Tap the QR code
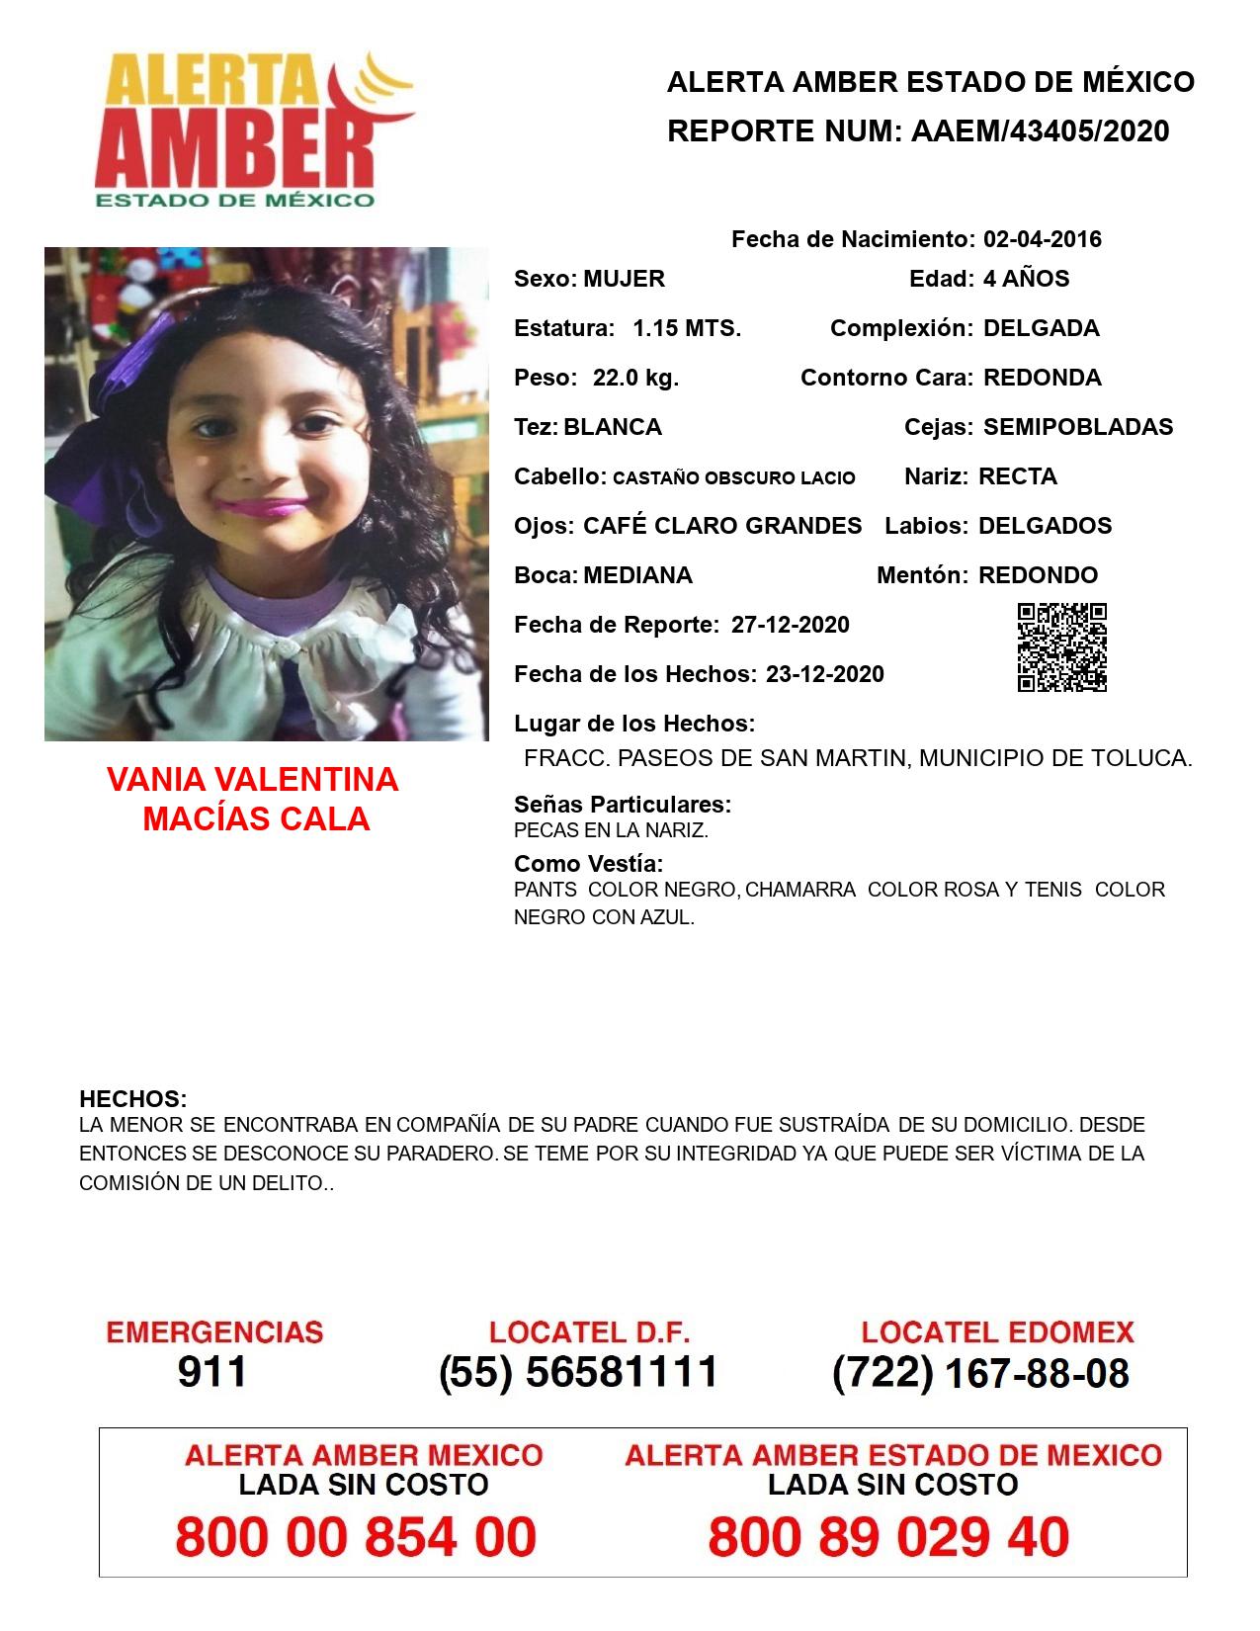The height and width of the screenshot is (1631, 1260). tap(1062, 647)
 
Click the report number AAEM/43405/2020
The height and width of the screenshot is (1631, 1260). tap(1040, 130)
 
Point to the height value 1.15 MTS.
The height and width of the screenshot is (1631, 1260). tap(687, 328)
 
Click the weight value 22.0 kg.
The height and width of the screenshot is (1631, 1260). tap(635, 378)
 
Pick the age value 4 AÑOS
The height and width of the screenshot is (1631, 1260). tap(1026, 279)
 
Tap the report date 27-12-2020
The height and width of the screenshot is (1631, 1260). tap(790, 625)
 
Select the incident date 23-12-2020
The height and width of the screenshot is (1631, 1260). tap(824, 674)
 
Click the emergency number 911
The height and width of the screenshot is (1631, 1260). tap(212, 1372)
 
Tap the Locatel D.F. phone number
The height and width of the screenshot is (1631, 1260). tap(578, 1372)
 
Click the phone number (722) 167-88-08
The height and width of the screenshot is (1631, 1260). tap(980, 1373)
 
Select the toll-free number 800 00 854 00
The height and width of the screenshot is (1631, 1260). tap(356, 1538)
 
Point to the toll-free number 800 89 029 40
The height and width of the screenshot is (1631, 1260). tap(888, 1538)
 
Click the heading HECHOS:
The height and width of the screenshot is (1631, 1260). tap(132, 1099)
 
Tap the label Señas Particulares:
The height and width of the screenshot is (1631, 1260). tap(623, 805)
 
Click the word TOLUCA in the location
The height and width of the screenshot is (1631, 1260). tap(1148, 758)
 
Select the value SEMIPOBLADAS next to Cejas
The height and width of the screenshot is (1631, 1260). tap(1078, 427)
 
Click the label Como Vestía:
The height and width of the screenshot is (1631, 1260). tap(588, 863)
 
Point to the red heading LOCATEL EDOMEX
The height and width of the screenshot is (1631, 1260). tap(997, 1332)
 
